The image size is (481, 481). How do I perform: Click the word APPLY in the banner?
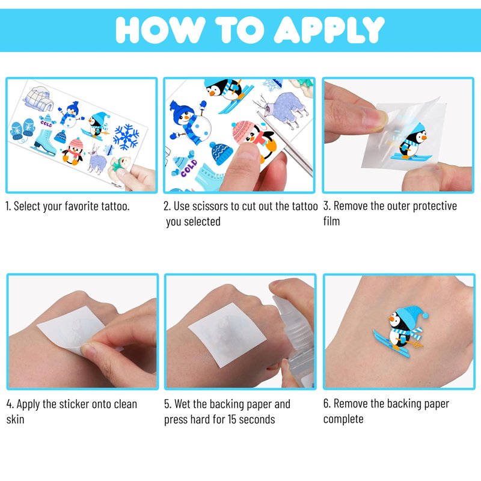click(329, 30)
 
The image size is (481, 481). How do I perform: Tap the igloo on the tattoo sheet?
click(38, 98)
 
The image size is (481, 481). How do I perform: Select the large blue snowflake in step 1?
click(126, 137)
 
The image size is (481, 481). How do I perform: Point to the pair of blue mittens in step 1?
click(22, 130)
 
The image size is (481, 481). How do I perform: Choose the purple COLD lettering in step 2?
click(189, 168)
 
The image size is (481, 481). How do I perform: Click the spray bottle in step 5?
click(294, 334)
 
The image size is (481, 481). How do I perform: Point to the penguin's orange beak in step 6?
click(391, 319)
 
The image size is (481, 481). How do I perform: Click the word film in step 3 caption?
click(331, 221)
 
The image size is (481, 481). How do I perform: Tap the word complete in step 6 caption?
click(343, 419)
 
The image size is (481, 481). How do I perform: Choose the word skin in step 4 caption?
click(15, 419)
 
